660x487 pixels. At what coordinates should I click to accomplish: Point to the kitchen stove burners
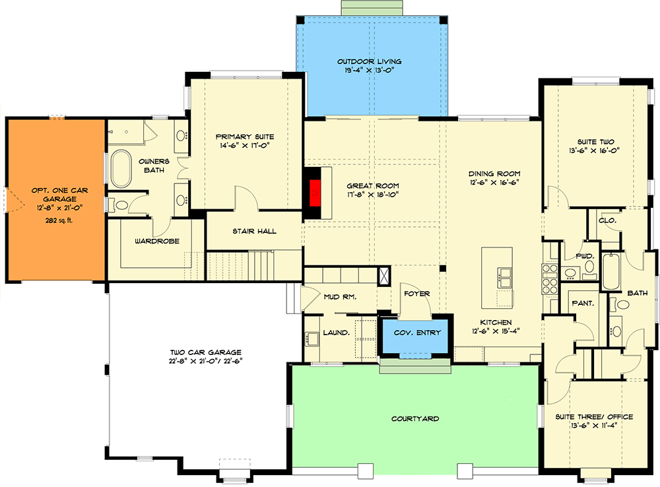point(550,278)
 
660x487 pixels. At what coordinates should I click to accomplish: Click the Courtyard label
point(415,418)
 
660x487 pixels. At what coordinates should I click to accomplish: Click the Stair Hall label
point(254,231)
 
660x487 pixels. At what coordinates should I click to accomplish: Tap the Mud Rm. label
point(340,297)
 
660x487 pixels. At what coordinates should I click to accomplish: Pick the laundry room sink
point(313,339)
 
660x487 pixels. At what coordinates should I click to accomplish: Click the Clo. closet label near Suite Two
point(607,220)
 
